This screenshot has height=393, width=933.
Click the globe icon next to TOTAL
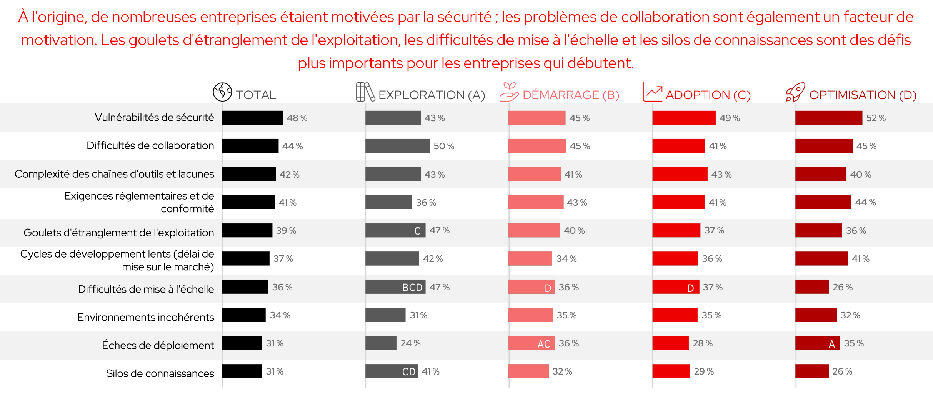coord(222,92)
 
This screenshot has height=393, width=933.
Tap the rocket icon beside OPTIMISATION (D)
coord(795,92)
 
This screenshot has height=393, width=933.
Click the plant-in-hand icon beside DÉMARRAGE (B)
coord(509,92)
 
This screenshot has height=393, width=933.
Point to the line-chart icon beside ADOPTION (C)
coord(652,92)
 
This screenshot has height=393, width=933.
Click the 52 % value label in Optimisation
coord(876,118)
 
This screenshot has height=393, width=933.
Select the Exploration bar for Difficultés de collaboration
coord(397,146)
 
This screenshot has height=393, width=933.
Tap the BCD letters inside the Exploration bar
coord(412,287)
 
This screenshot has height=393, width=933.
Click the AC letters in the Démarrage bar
coord(543,344)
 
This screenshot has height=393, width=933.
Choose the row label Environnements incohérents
coord(145,317)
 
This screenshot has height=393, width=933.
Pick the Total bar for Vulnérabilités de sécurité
coord(252,118)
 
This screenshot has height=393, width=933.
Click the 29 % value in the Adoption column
coord(703,371)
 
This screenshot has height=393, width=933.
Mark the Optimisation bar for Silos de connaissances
coord(812,371)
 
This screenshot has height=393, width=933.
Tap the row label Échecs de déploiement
coord(158,345)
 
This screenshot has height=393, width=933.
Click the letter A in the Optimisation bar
coord(831,344)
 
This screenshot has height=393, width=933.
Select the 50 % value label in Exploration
coord(444,146)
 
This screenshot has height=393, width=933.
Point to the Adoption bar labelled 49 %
coord(684,118)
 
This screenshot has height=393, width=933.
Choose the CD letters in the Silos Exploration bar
coord(408,372)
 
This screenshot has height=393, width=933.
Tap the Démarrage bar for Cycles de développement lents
coord(530,259)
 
